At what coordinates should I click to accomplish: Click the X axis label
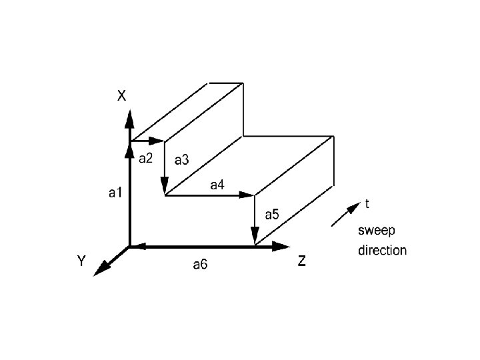pyautogui.click(x=121, y=96)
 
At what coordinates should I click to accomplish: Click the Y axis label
pyautogui.click(x=81, y=261)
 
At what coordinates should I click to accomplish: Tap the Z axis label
pyautogui.click(x=302, y=261)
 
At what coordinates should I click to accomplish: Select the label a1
pyautogui.click(x=115, y=193)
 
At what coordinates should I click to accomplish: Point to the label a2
pyautogui.click(x=145, y=159)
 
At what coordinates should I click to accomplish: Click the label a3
pyautogui.click(x=181, y=159)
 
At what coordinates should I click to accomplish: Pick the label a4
pyautogui.click(x=217, y=185)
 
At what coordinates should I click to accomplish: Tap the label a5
pyautogui.click(x=272, y=215)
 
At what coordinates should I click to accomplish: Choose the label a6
pyautogui.click(x=200, y=265)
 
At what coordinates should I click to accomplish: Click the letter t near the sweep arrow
pyautogui.click(x=367, y=203)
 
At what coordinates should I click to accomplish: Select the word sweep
pyautogui.click(x=377, y=231)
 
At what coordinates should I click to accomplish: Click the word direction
pyautogui.click(x=382, y=251)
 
